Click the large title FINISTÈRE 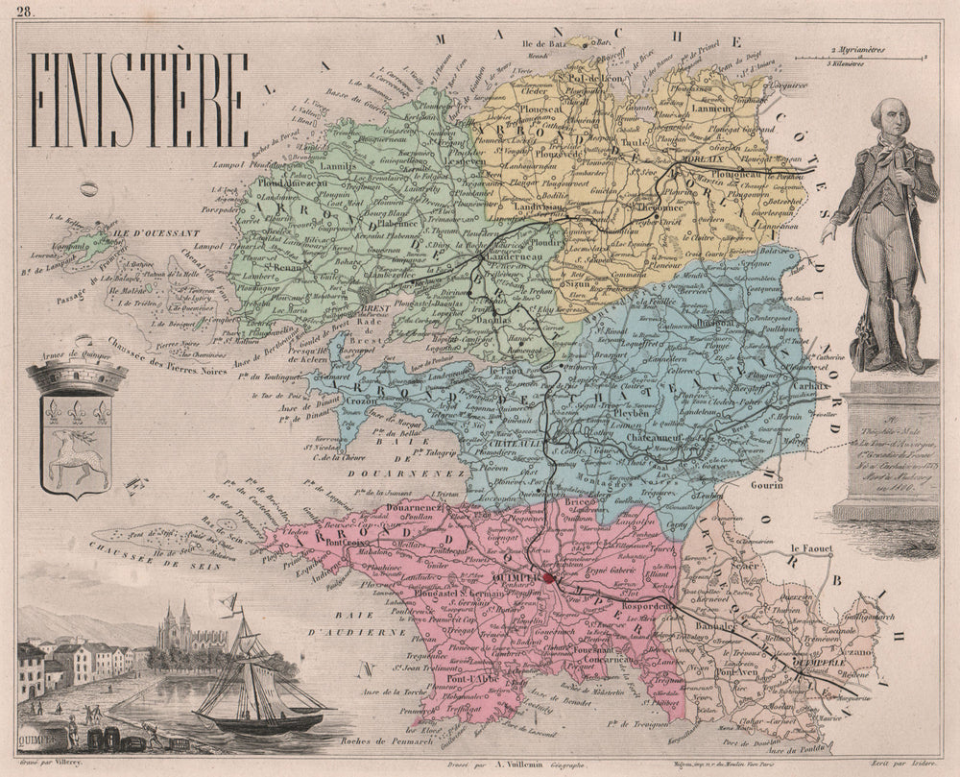pos(140,100)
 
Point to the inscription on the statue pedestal pos(881,442)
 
